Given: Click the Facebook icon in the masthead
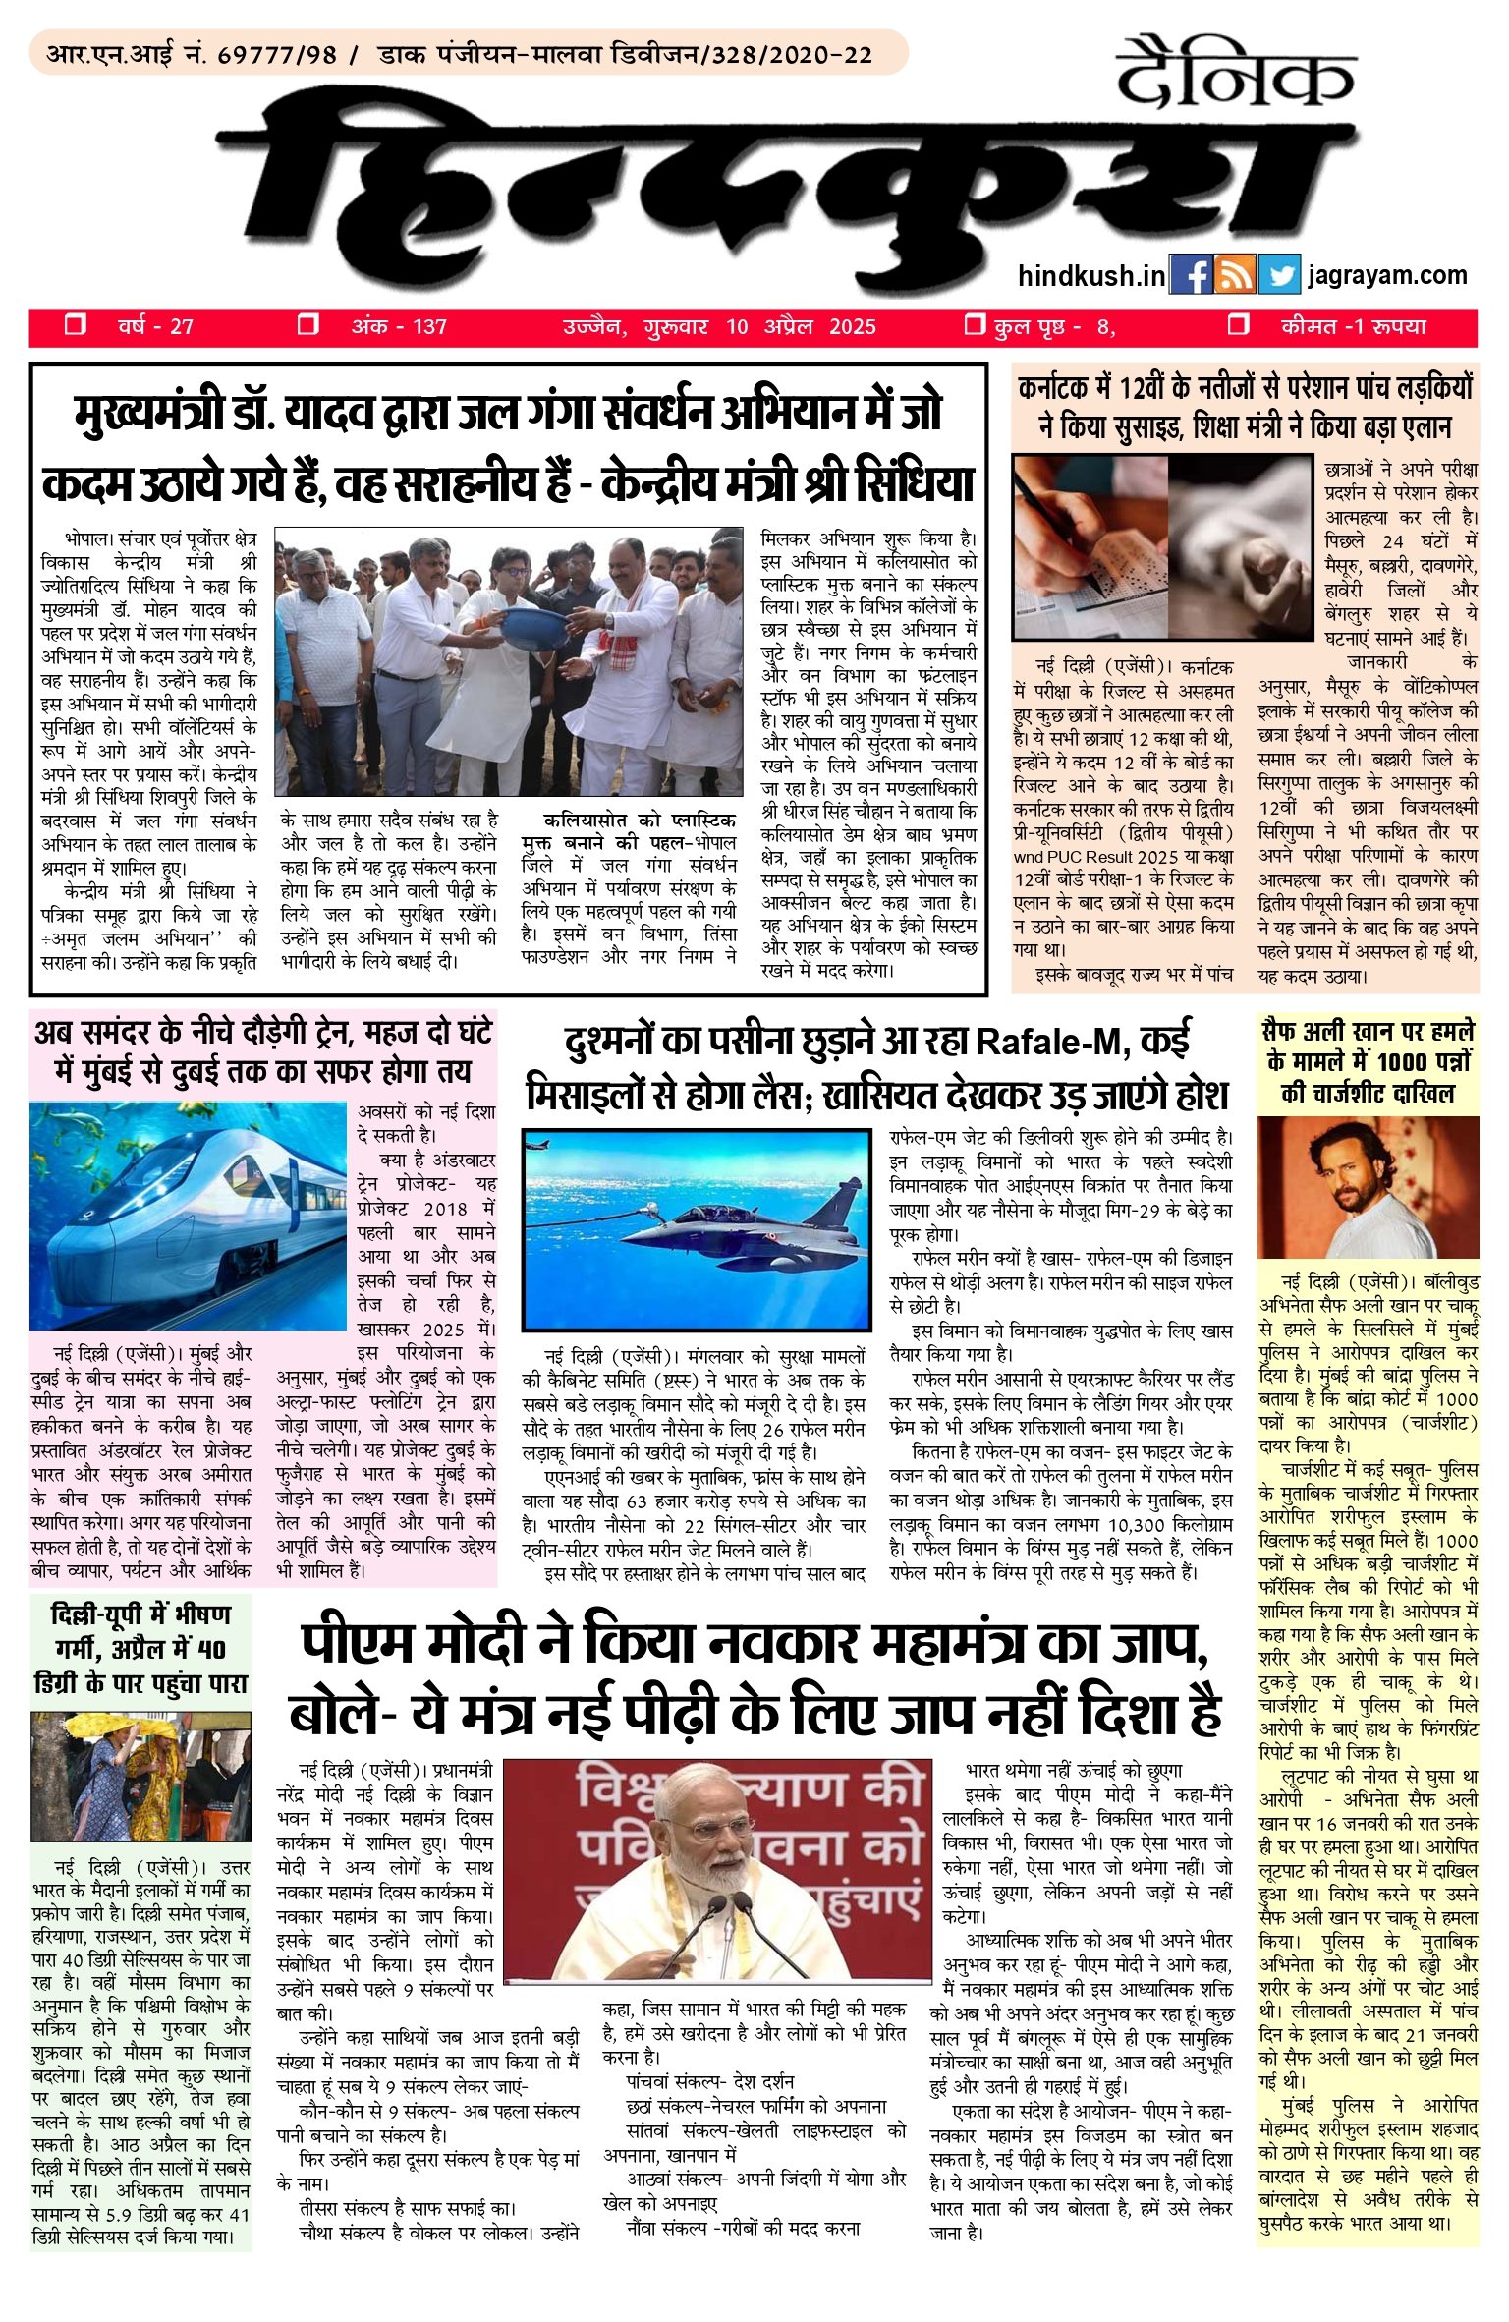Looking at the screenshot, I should tap(1191, 276).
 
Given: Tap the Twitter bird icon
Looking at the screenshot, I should tap(1278, 276).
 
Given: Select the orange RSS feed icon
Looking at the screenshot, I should tap(1235, 276).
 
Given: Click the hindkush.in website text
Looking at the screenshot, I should tap(1090, 276).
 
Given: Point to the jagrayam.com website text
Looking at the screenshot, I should tap(1387, 276).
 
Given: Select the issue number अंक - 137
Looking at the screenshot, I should tap(399, 327).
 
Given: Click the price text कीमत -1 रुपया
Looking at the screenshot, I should tap(1353, 327).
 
